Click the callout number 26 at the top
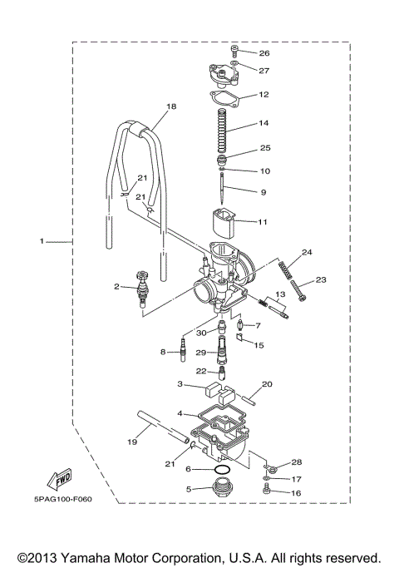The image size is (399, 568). pyautogui.click(x=264, y=54)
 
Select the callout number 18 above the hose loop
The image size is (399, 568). pyautogui.click(x=171, y=107)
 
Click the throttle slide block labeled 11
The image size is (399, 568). pyautogui.click(x=224, y=220)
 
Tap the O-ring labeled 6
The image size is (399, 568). pyautogui.click(x=221, y=472)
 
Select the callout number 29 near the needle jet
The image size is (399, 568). pyautogui.click(x=199, y=353)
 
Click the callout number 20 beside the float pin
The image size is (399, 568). pyautogui.click(x=267, y=384)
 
